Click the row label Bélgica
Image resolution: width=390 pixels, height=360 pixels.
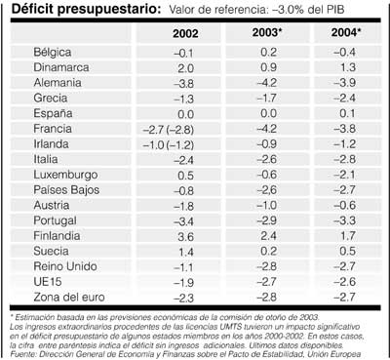[x=53, y=53]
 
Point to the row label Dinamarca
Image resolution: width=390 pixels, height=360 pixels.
[x=60, y=68]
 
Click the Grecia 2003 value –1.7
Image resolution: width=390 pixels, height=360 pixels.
[x=267, y=100]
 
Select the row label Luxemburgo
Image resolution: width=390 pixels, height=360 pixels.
[x=64, y=177]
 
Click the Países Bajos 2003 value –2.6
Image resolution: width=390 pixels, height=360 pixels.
[x=267, y=192]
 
